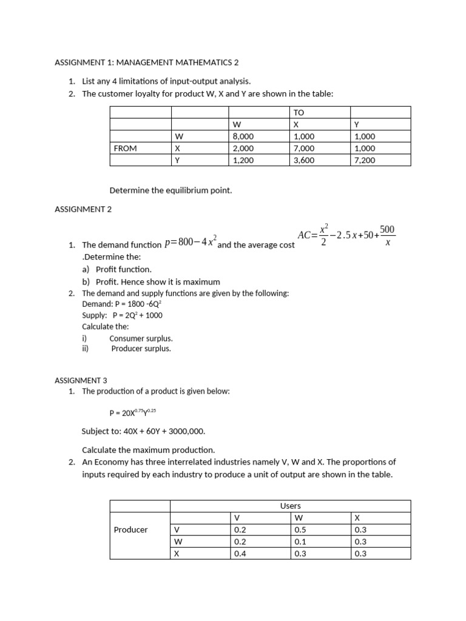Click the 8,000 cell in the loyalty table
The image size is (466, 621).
click(x=243, y=136)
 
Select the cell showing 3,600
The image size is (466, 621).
click(x=304, y=160)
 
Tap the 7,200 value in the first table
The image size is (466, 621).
click(x=364, y=160)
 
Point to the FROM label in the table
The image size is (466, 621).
click(x=126, y=148)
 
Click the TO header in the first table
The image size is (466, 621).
click(x=299, y=113)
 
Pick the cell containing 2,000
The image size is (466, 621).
click(x=243, y=148)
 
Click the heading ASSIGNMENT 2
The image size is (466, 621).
click(x=79, y=209)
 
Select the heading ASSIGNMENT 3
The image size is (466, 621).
click(x=80, y=380)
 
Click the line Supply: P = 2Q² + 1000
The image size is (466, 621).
click(x=122, y=315)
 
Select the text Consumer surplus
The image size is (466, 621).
click(x=141, y=338)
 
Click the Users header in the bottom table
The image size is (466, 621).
click(x=290, y=505)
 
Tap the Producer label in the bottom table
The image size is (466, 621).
click(x=130, y=529)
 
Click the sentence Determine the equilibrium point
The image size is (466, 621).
click(x=171, y=190)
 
